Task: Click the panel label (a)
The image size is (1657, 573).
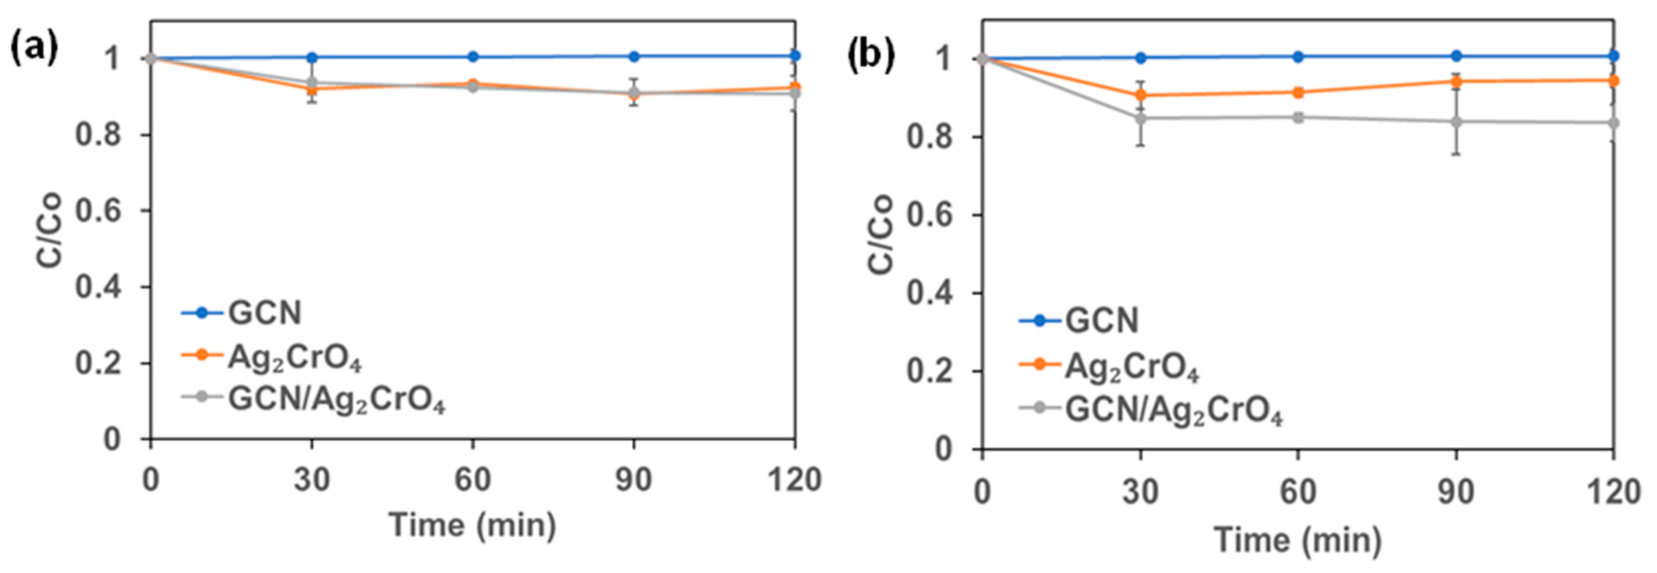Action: click(34, 49)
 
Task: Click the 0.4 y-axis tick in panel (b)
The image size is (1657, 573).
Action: click(929, 293)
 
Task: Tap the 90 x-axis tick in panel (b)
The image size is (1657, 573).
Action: click(1456, 492)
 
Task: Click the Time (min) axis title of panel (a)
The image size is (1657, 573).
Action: click(473, 525)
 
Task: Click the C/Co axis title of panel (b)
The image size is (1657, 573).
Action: click(881, 235)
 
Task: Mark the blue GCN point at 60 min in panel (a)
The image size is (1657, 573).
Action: click(473, 57)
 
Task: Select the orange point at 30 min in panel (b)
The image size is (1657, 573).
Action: click(1140, 95)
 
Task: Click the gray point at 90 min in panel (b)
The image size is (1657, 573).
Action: click(1456, 122)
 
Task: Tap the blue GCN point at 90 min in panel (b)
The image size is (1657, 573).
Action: click(1456, 56)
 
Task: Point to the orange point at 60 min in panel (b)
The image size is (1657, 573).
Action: click(1298, 93)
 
